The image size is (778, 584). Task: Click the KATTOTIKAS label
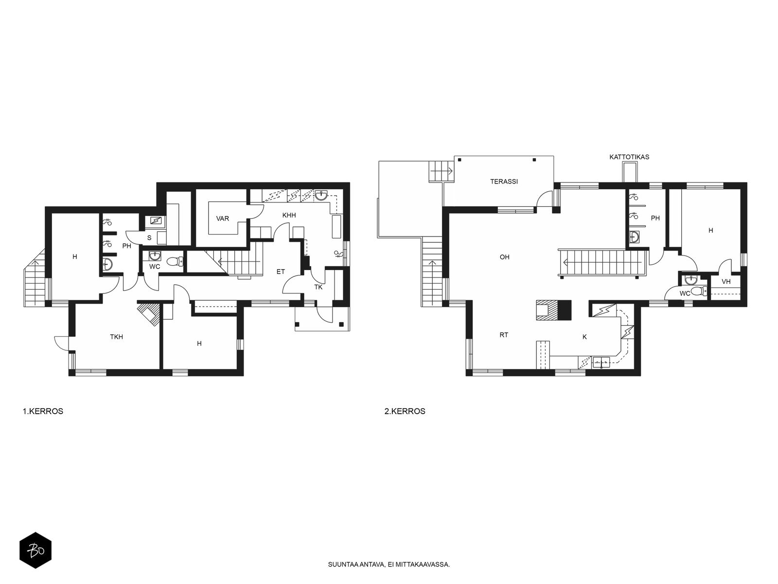coord(629,157)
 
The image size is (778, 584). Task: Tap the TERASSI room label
coord(504,182)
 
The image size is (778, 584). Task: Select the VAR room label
coord(223,219)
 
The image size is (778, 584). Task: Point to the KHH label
coord(289,215)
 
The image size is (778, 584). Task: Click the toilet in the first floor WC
coord(175,261)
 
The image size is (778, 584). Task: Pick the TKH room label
coord(116,337)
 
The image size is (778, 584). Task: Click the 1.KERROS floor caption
coord(43,411)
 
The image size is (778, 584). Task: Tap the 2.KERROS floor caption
coord(405,411)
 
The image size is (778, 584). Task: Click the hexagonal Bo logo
coord(35,550)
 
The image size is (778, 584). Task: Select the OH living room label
coord(504,257)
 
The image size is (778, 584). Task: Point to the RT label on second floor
coord(504,335)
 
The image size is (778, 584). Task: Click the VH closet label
coord(726,282)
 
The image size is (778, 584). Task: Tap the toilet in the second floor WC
coord(699,292)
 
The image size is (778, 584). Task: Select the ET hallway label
coord(281,272)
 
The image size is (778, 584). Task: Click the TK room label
coord(318,287)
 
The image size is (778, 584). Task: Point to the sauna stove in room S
coord(155,221)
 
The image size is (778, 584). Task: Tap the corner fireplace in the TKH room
coord(149,314)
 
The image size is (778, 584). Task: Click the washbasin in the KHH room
coord(322,195)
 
